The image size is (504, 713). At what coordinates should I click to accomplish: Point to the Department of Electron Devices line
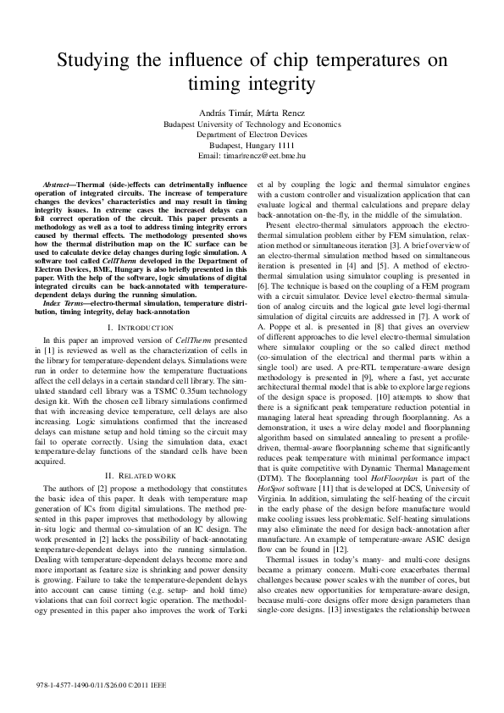coord(252,134)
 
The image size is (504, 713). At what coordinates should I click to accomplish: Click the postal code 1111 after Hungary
coord(295,145)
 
